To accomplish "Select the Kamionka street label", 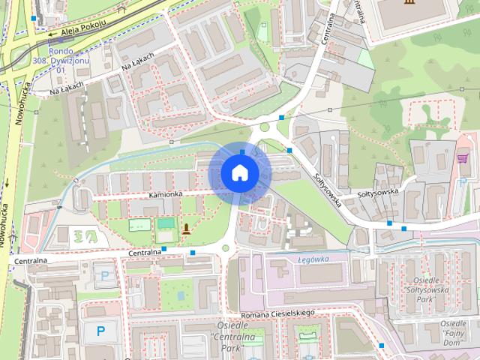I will click(x=166, y=194).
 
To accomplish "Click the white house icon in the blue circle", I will click(x=239, y=172).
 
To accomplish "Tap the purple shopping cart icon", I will click(x=462, y=158).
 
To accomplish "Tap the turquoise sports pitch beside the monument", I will click(x=165, y=223).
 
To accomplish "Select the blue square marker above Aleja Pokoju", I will click(x=33, y=17).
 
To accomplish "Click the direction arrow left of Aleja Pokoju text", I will click(x=51, y=34).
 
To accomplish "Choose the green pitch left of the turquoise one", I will click(x=139, y=224).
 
